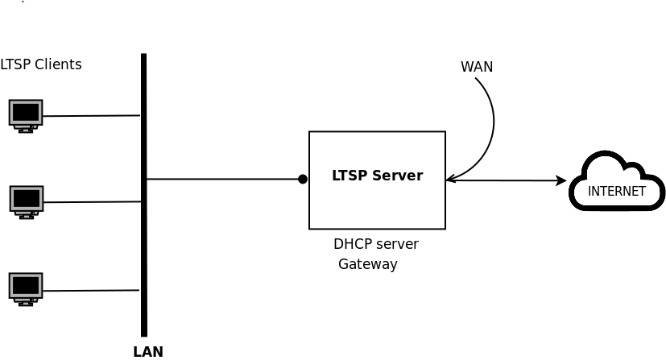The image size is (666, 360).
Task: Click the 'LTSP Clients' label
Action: click(41, 64)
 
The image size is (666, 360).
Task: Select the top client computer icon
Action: click(26, 115)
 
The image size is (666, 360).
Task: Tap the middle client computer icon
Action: click(27, 201)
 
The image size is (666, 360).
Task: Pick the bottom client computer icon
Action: click(26, 288)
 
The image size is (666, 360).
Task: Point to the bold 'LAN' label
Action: click(148, 351)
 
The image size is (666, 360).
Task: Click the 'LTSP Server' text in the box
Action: click(377, 176)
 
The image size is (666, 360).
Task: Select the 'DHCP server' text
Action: click(375, 244)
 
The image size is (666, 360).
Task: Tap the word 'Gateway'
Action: click(367, 264)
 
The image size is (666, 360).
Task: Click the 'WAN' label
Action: click(476, 67)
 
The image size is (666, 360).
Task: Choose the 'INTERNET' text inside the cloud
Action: click(616, 192)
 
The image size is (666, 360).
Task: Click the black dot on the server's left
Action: click(303, 179)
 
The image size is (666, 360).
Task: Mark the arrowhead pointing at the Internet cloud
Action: click(562, 180)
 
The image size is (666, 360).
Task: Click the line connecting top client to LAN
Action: click(91, 116)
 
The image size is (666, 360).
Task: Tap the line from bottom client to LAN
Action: click(91, 291)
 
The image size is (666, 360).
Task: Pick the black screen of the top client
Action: click(26, 111)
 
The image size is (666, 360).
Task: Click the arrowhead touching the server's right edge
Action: click(450, 180)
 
